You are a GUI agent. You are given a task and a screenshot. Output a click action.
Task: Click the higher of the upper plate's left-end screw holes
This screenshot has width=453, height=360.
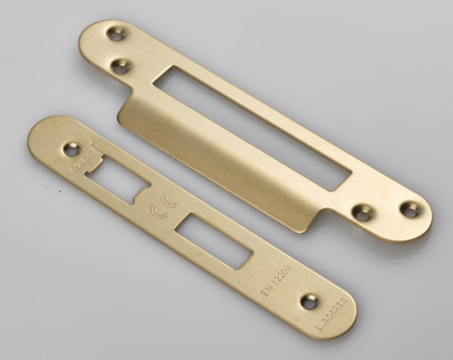tap(115, 34)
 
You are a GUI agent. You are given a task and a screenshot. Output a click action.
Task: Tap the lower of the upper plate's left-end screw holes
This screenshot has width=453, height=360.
tap(120, 66)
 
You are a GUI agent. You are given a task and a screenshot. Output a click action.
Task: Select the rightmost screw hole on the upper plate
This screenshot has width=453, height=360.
tap(411, 210)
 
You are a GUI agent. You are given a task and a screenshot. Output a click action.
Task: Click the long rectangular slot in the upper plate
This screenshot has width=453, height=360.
tap(250, 125)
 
